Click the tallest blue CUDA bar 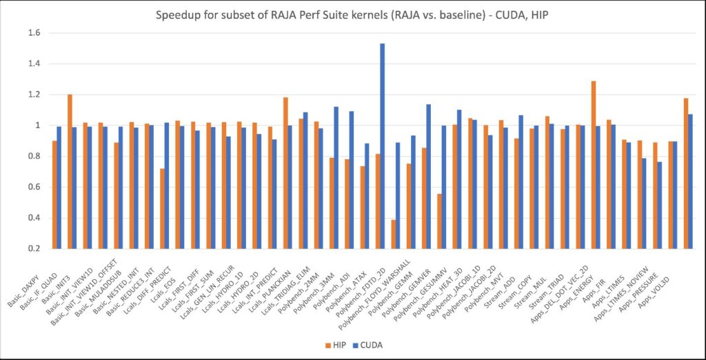[x=382, y=146]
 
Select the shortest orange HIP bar [x=394, y=234]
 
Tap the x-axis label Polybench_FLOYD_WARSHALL [x=378, y=290]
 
